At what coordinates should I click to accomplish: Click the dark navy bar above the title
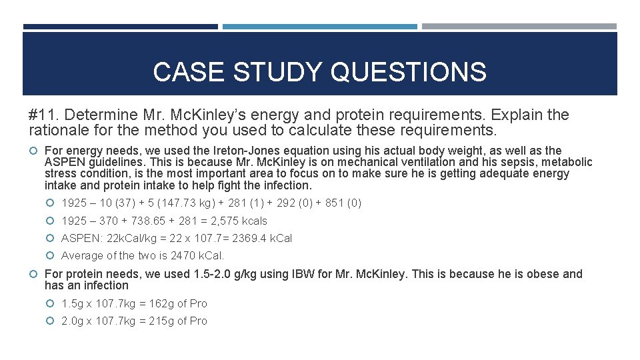(x=120, y=27)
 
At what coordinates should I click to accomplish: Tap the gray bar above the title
(x=519, y=27)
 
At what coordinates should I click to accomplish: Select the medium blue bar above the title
(x=319, y=27)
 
